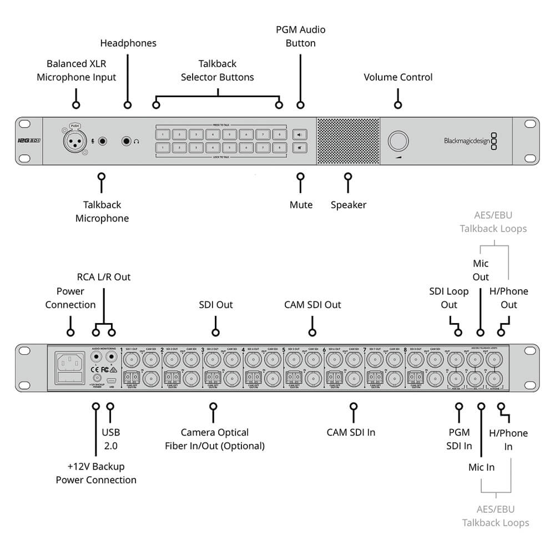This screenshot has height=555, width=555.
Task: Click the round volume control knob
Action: [x=397, y=140]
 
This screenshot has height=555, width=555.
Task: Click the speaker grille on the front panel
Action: [x=348, y=140]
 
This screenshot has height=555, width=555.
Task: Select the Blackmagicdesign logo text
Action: [x=466, y=141]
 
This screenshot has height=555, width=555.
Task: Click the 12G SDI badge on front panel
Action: [x=29, y=141]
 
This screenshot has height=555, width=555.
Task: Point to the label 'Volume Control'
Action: [x=398, y=77]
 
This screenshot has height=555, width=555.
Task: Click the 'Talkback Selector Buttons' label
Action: [x=218, y=70]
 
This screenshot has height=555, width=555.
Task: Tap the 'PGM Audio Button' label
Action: [x=300, y=36]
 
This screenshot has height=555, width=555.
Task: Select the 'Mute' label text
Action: [x=301, y=205]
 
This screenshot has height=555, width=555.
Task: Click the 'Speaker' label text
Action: [x=349, y=205]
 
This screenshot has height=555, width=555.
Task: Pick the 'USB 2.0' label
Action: [x=110, y=439]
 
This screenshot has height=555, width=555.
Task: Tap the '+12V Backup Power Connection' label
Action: [x=96, y=473]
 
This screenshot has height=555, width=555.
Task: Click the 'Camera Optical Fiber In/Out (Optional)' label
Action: [x=215, y=439]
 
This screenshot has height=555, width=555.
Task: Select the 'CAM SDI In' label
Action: [x=351, y=432]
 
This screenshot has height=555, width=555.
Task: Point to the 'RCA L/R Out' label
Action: [x=104, y=276]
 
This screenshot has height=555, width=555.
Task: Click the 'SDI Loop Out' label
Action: [x=449, y=298]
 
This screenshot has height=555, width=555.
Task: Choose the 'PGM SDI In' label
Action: [x=459, y=439]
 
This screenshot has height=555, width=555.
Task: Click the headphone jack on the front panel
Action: [x=128, y=141]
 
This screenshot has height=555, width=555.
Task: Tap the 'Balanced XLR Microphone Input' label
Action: [x=77, y=70]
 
